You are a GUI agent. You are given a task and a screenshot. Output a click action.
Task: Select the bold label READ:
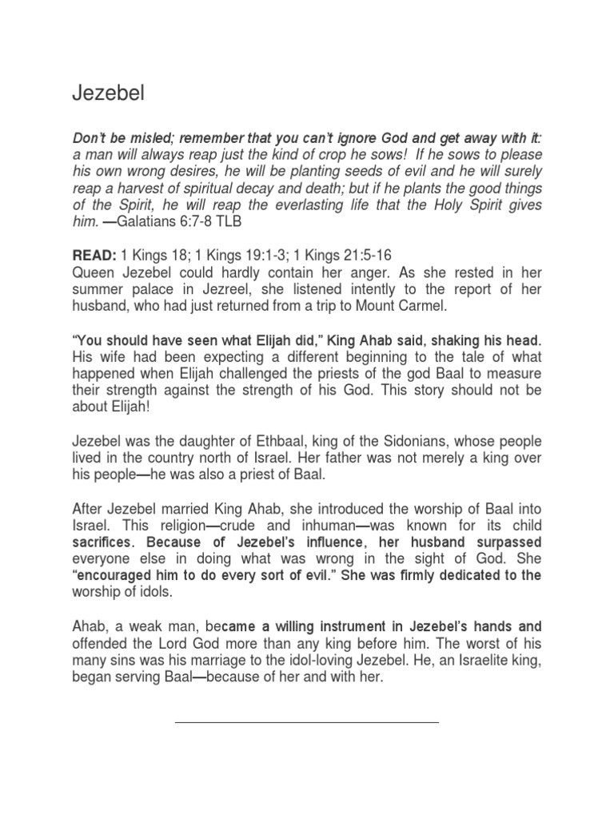94,254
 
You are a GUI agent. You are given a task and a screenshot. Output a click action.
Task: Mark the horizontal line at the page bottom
307,722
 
